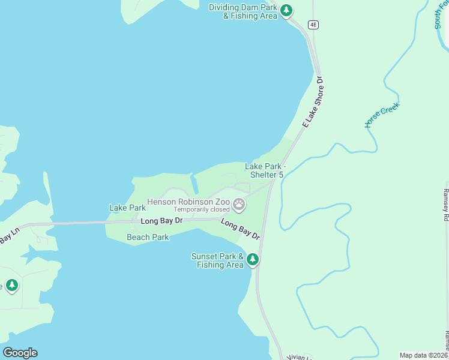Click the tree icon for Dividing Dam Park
point(287,10)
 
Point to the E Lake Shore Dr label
point(313,102)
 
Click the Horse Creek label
point(382,115)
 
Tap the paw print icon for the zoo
point(239,205)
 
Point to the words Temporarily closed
point(202,210)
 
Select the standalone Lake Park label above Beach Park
point(127,208)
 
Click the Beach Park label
point(148,237)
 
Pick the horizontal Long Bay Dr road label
point(161,221)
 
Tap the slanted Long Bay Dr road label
point(240,229)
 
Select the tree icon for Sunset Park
point(253,260)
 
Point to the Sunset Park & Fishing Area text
point(217,260)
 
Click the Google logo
point(20,353)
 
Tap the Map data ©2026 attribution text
point(423,355)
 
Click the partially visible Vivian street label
point(298,357)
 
